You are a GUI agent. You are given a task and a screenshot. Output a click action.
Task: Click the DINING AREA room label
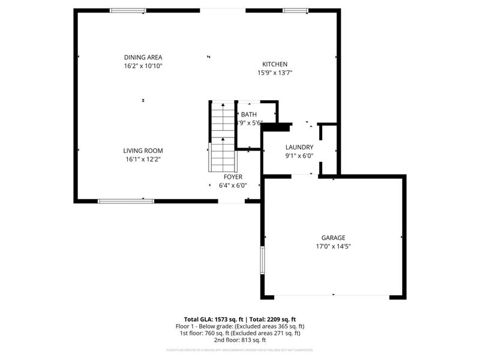point(143,57)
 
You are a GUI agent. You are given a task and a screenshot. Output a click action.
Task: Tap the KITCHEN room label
point(275,64)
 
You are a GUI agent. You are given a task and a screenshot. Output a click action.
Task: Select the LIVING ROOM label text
point(143,151)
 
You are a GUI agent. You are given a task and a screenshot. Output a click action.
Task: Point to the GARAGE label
point(333,238)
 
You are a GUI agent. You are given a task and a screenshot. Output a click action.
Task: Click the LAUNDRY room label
point(299,147)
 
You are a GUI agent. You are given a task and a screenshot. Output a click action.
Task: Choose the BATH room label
point(249,114)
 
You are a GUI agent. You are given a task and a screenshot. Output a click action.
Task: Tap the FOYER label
point(233,177)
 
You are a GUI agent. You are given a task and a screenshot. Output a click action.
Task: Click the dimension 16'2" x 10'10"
point(143,65)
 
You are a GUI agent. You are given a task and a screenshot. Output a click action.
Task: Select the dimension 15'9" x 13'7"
point(275,73)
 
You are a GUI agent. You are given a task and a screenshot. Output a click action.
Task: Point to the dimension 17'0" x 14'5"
point(333,246)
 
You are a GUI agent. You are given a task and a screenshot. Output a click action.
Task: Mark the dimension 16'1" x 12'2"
point(143,159)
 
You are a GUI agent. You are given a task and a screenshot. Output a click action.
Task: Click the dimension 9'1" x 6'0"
point(299,155)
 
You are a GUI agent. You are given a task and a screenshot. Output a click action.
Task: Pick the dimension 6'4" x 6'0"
point(233,185)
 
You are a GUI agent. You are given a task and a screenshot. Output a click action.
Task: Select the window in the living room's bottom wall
point(122,201)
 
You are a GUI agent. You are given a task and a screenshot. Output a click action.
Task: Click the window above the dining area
point(128,10)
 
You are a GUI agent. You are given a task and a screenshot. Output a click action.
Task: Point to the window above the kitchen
point(295,10)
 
